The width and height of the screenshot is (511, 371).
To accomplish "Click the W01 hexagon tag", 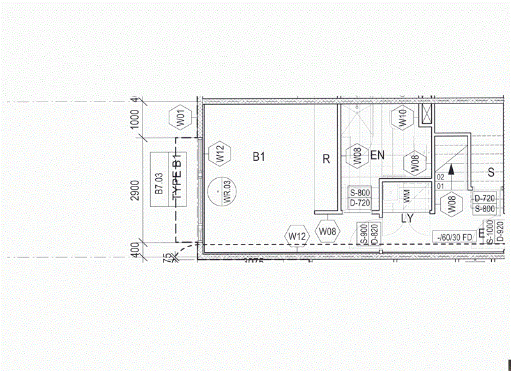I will click(x=181, y=118).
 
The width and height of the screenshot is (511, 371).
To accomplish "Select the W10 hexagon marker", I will click(x=402, y=118).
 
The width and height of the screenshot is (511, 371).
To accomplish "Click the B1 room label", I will click(x=258, y=156).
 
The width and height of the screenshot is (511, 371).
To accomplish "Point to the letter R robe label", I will click(x=326, y=159).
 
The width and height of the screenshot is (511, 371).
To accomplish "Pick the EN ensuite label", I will click(x=378, y=155).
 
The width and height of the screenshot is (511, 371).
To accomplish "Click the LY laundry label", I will click(x=408, y=218).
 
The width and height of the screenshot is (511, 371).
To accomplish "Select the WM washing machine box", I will click(x=407, y=197).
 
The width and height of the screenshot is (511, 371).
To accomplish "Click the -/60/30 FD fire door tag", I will click(x=454, y=237).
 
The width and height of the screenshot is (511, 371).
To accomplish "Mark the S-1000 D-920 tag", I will click(x=495, y=231).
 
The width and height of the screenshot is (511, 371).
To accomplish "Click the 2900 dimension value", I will click(x=134, y=190).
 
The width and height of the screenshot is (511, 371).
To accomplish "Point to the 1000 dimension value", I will click(x=134, y=119).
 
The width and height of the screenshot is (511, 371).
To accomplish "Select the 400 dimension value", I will click(x=134, y=250).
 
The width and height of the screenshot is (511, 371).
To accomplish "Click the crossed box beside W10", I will click(x=426, y=114).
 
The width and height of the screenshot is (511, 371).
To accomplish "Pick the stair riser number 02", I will click(x=440, y=176).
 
